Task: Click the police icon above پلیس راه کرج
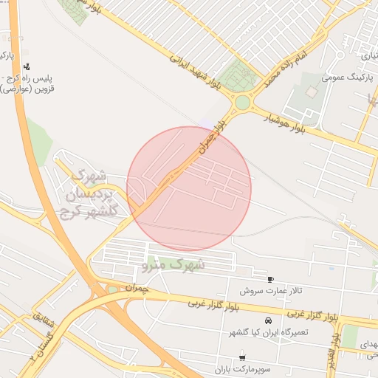pos(27,67)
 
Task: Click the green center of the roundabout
pos(241,102)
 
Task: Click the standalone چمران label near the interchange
pos(137,287)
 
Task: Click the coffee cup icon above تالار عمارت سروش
pos(271,279)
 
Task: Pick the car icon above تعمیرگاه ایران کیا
pos(267,321)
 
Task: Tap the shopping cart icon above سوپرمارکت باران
pos(243,357)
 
